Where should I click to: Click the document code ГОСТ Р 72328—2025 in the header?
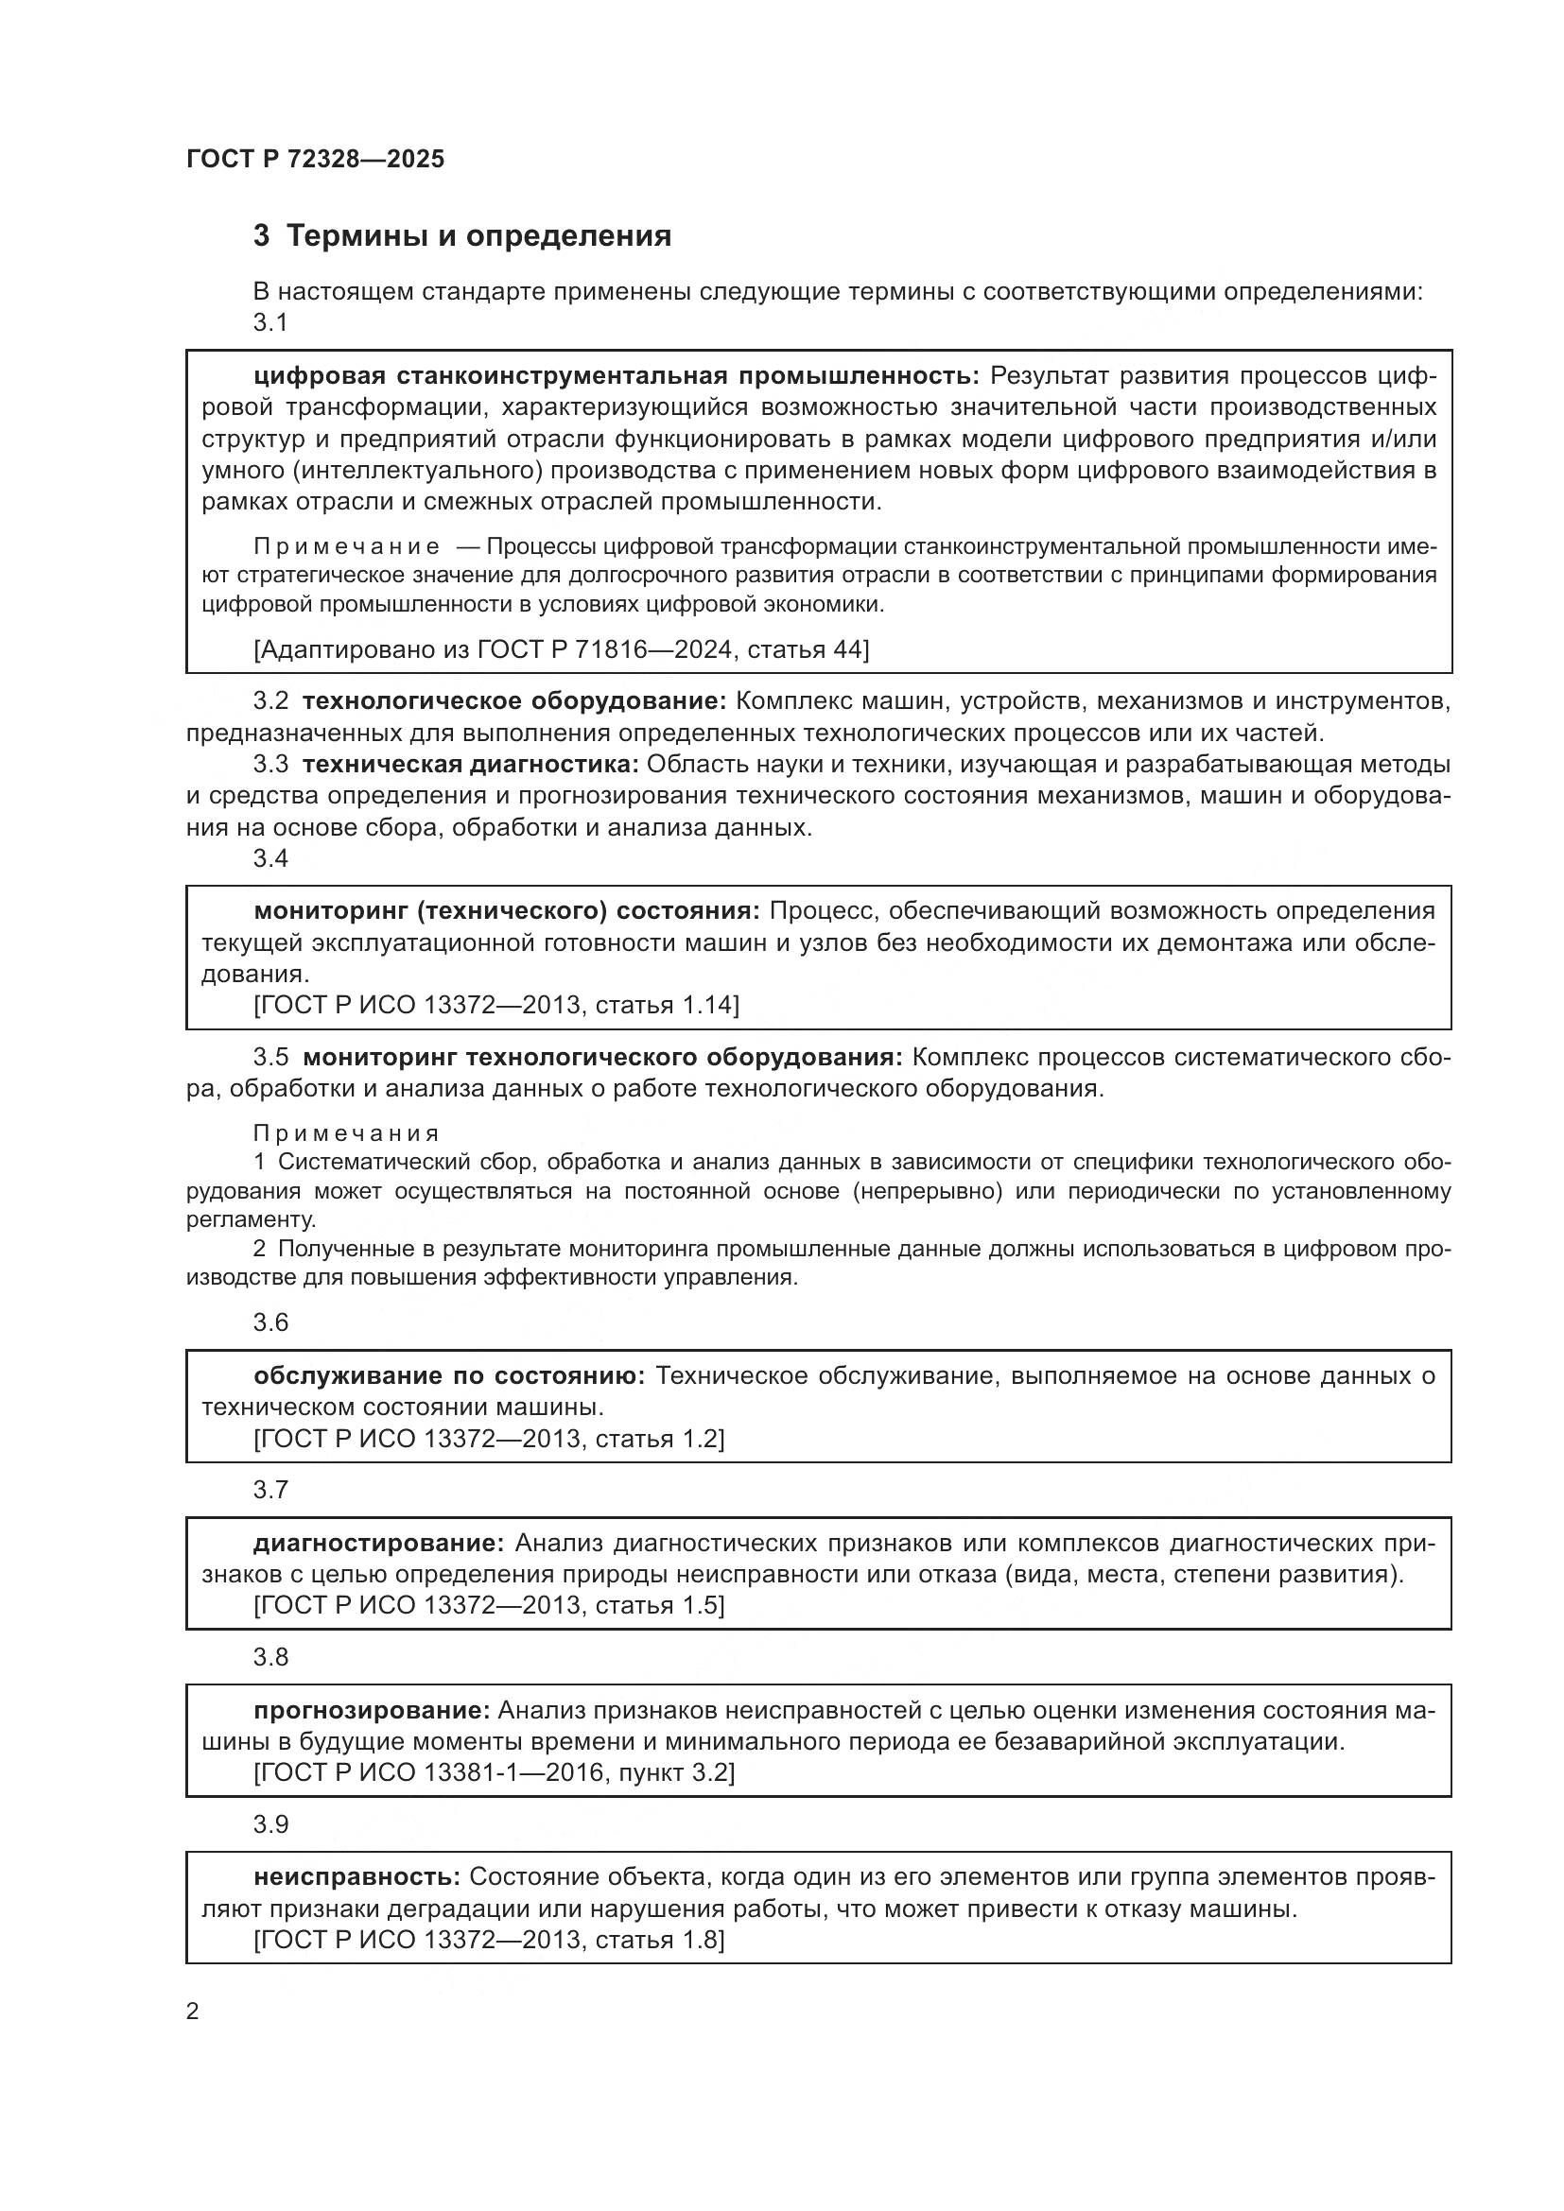click(316, 160)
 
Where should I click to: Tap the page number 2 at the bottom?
click(193, 2012)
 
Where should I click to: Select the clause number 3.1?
click(270, 322)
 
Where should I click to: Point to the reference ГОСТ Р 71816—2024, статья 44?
click(562, 650)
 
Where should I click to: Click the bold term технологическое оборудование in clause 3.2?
click(515, 701)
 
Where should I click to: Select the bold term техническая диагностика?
click(471, 765)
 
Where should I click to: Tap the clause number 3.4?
click(270, 858)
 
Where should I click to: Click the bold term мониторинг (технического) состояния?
click(508, 911)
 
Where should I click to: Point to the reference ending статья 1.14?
click(497, 1006)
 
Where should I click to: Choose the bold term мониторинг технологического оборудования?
click(603, 1058)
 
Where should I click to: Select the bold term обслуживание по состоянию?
click(449, 1376)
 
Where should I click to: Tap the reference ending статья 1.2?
click(489, 1439)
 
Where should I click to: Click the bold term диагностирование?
click(378, 1544)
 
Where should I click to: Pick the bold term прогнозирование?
click(373, 1710)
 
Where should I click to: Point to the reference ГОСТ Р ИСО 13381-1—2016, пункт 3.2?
click(494, 1772)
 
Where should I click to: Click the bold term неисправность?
click(356, 1878)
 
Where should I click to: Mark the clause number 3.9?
click(270, 1824)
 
